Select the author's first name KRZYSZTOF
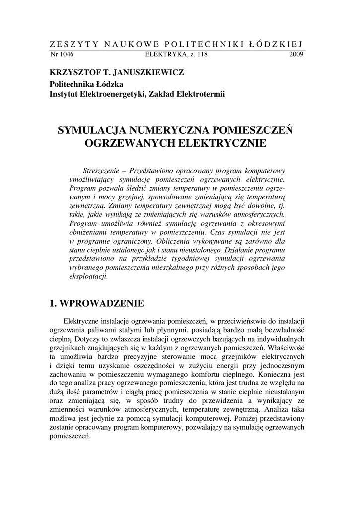pos(74,73)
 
